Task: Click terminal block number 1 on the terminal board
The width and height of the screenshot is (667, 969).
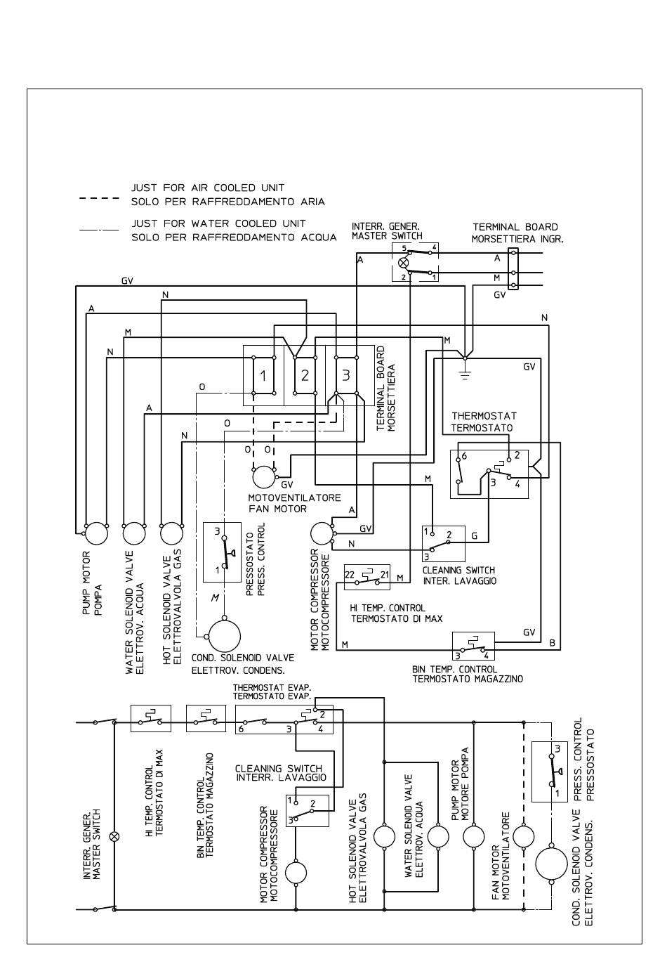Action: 263,375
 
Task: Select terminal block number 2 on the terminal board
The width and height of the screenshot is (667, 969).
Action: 305,375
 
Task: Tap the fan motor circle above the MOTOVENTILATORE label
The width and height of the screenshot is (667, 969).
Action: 265,477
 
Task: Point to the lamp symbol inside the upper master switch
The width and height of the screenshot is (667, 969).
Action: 403,262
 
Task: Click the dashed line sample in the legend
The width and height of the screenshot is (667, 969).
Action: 99,199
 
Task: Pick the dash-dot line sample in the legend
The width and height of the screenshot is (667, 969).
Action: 99,230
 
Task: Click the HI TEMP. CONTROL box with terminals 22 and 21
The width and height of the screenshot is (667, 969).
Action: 366,576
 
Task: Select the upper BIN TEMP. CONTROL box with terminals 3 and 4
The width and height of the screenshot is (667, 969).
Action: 473,644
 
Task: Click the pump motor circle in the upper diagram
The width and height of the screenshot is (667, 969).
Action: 96,533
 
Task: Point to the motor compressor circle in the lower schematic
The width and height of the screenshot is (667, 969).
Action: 296,873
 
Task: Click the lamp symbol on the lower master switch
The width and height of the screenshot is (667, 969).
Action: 115,837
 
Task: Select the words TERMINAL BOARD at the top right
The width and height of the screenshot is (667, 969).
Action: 515,227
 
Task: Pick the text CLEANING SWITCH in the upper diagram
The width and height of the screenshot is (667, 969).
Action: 458,570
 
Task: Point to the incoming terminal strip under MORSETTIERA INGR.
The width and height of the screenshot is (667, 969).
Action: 513,268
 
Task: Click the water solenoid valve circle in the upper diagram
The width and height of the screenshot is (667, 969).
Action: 134,533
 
